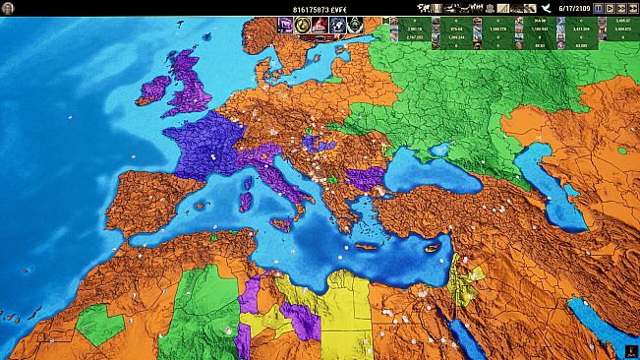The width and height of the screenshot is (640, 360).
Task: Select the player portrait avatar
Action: [x=9, y=8]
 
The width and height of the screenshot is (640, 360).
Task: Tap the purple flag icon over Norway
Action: [x=285, y=25]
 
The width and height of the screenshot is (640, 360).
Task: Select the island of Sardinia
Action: [x=245, y=202]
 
